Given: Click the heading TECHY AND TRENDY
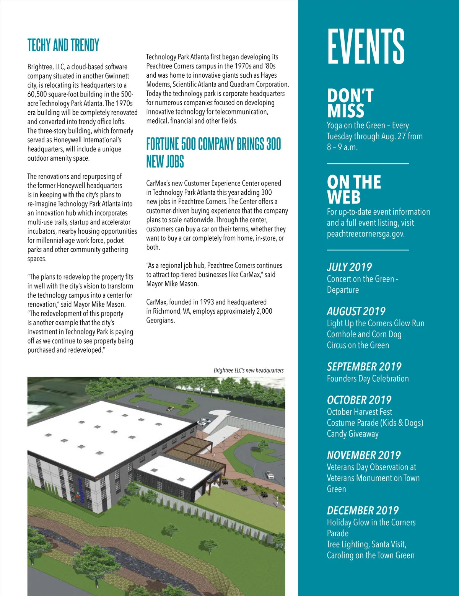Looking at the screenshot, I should point(63,46).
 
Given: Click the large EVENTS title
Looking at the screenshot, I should point(366,47).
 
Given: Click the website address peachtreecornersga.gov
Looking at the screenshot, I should point(365,234).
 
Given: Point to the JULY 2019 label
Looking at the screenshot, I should point(349,267).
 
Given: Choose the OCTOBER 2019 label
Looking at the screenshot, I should point(359,400).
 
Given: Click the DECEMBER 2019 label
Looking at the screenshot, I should point(363,511).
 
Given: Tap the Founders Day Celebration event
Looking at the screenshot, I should point(368,379).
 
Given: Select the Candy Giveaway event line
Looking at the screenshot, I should point(352,434).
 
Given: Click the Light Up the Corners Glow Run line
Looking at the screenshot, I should point(375,323).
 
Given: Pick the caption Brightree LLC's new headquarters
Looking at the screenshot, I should point(249,370).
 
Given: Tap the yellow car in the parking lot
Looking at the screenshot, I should point(170,409).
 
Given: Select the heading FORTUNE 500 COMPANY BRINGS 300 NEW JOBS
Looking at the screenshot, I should point(213,153).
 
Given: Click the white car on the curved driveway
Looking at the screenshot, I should point(270,475).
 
